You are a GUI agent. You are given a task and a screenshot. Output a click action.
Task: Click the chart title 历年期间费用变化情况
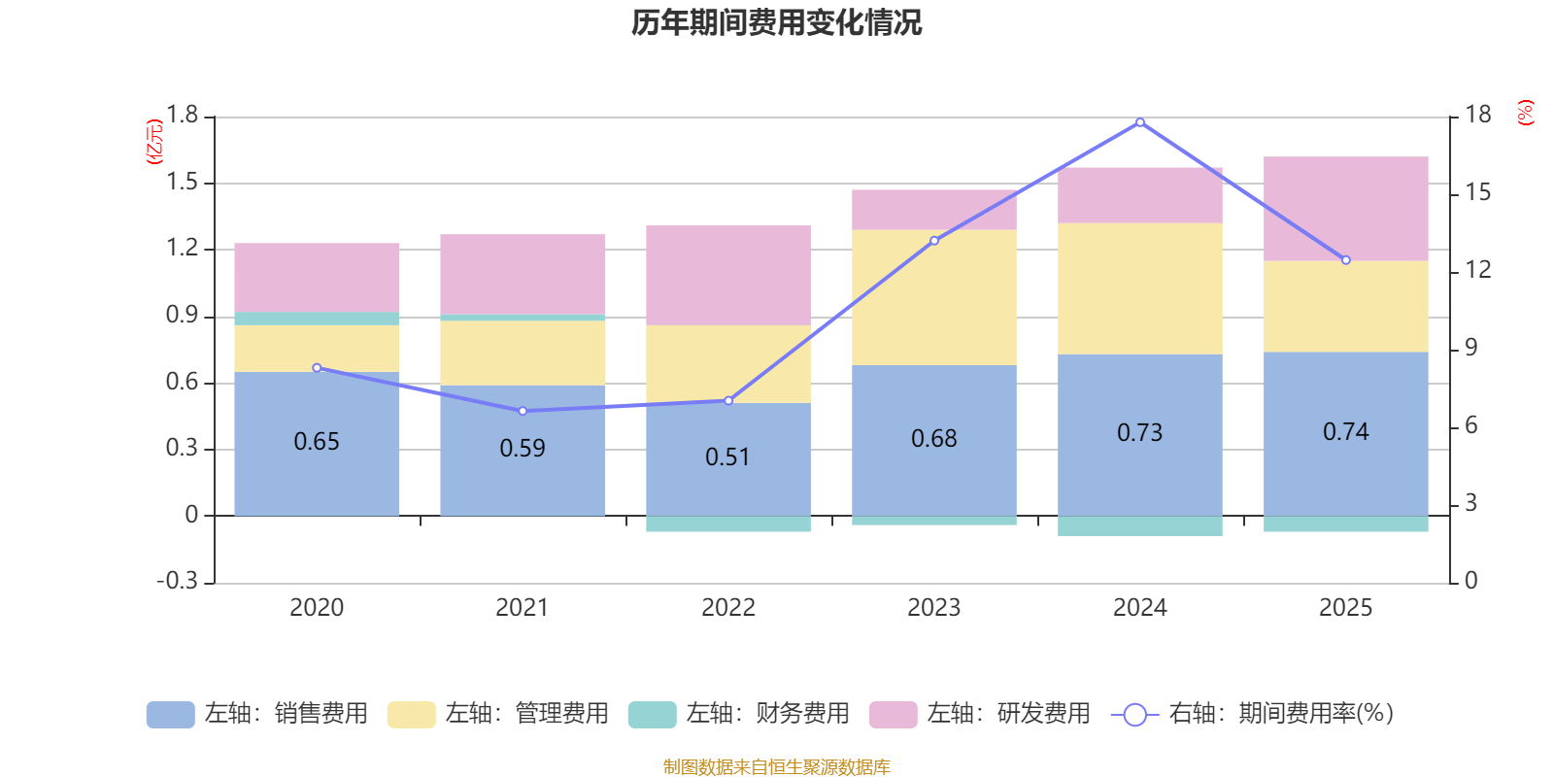[776, 22]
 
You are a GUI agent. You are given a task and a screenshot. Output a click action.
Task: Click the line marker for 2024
[1139, 122]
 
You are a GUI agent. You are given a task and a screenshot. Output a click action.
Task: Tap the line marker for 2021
[523, 411]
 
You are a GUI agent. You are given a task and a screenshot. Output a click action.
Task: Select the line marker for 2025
[1345, 260]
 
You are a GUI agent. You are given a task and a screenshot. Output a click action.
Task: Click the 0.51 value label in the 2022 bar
[727, 456]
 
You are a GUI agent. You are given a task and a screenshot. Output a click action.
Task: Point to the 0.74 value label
[1345, 431]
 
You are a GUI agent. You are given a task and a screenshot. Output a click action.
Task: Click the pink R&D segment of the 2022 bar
[728, 275]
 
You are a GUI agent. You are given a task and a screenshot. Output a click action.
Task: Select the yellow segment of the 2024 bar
[1139, 288]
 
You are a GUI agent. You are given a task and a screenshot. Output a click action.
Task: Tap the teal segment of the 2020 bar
[317, 319]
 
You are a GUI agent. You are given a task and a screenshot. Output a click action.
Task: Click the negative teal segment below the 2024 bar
[1139, 526]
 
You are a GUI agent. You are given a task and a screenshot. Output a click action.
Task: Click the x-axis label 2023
[933, 608]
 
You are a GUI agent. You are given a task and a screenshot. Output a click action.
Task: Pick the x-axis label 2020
[317, 608]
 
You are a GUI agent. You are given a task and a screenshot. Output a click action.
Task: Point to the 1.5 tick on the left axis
[182, 183]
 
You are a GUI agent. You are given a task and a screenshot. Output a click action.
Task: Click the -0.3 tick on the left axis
[177, 581]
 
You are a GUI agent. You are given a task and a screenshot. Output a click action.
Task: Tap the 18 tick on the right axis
[1477, 115]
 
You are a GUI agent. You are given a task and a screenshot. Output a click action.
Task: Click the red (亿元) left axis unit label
[153, 142]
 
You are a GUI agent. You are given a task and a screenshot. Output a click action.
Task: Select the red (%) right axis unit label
[1525, 113]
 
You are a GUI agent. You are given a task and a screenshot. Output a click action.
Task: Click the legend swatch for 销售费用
[170, 714]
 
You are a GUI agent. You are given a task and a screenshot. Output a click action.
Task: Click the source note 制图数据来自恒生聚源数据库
[776, 767]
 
